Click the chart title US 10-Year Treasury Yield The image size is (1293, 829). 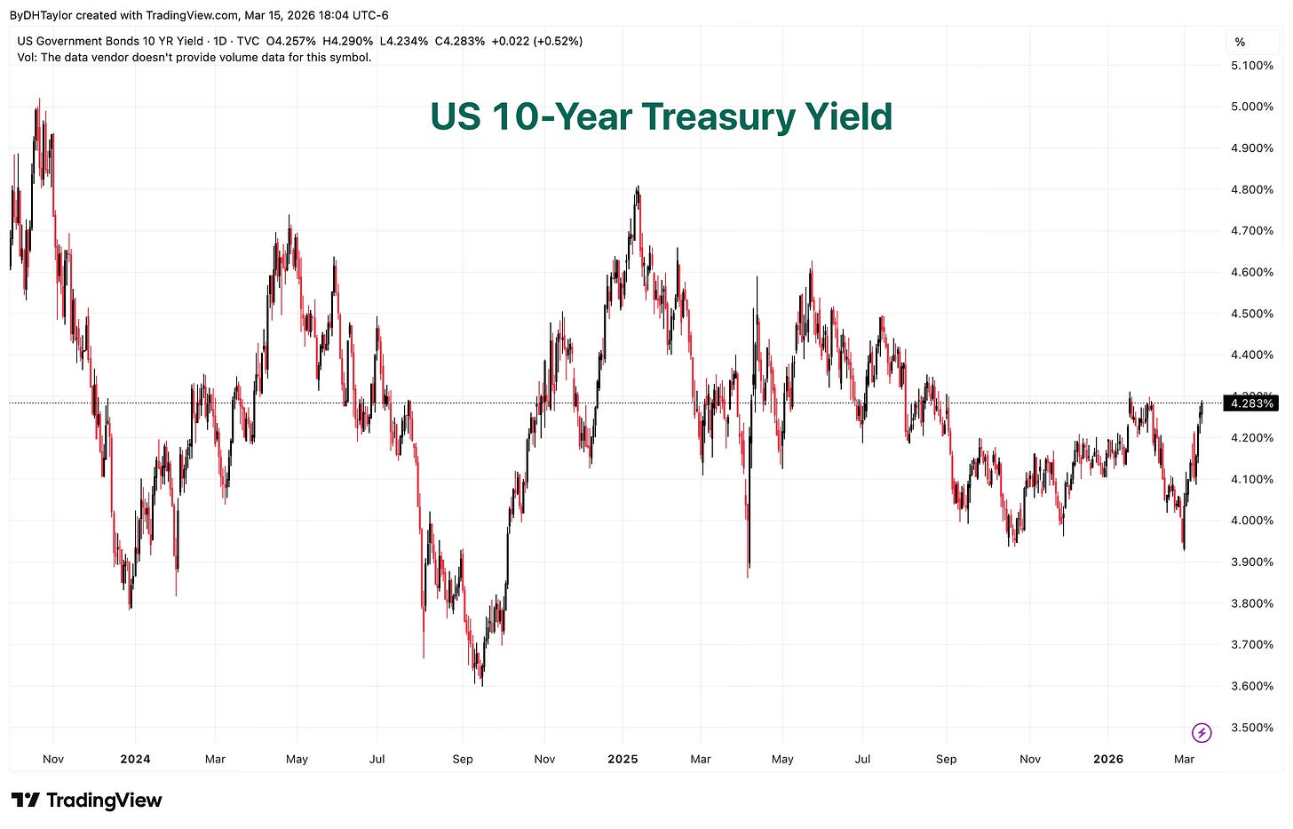(x=661, y=117)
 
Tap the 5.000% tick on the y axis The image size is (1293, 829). (x=1251, y=107)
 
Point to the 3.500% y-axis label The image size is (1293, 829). (x=1251, y=728)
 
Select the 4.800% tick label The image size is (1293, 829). (x=1251, y=189)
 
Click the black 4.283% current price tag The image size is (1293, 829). (x=1249, y=404)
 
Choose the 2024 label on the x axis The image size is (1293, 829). (x=135, y=759)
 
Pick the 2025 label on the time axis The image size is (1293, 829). (x=623, y=759)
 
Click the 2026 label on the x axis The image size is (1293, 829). (x=1108, y=759)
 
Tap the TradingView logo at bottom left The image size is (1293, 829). (x=86, y=801)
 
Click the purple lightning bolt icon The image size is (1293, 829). (x=1202, y=732)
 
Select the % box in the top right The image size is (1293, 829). (x=1240, y=42)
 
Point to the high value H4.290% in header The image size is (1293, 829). (x=347, y=42)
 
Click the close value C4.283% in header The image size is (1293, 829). (x=459, y=42)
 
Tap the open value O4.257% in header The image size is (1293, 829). (x=291, y=42)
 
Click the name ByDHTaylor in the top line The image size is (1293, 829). (x=41, y=15)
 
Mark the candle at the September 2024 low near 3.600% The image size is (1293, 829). (x=482, y=680)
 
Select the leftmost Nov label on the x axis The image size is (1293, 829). (x=53, y=759)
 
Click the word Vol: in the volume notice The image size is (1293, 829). (x=28, y=58)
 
